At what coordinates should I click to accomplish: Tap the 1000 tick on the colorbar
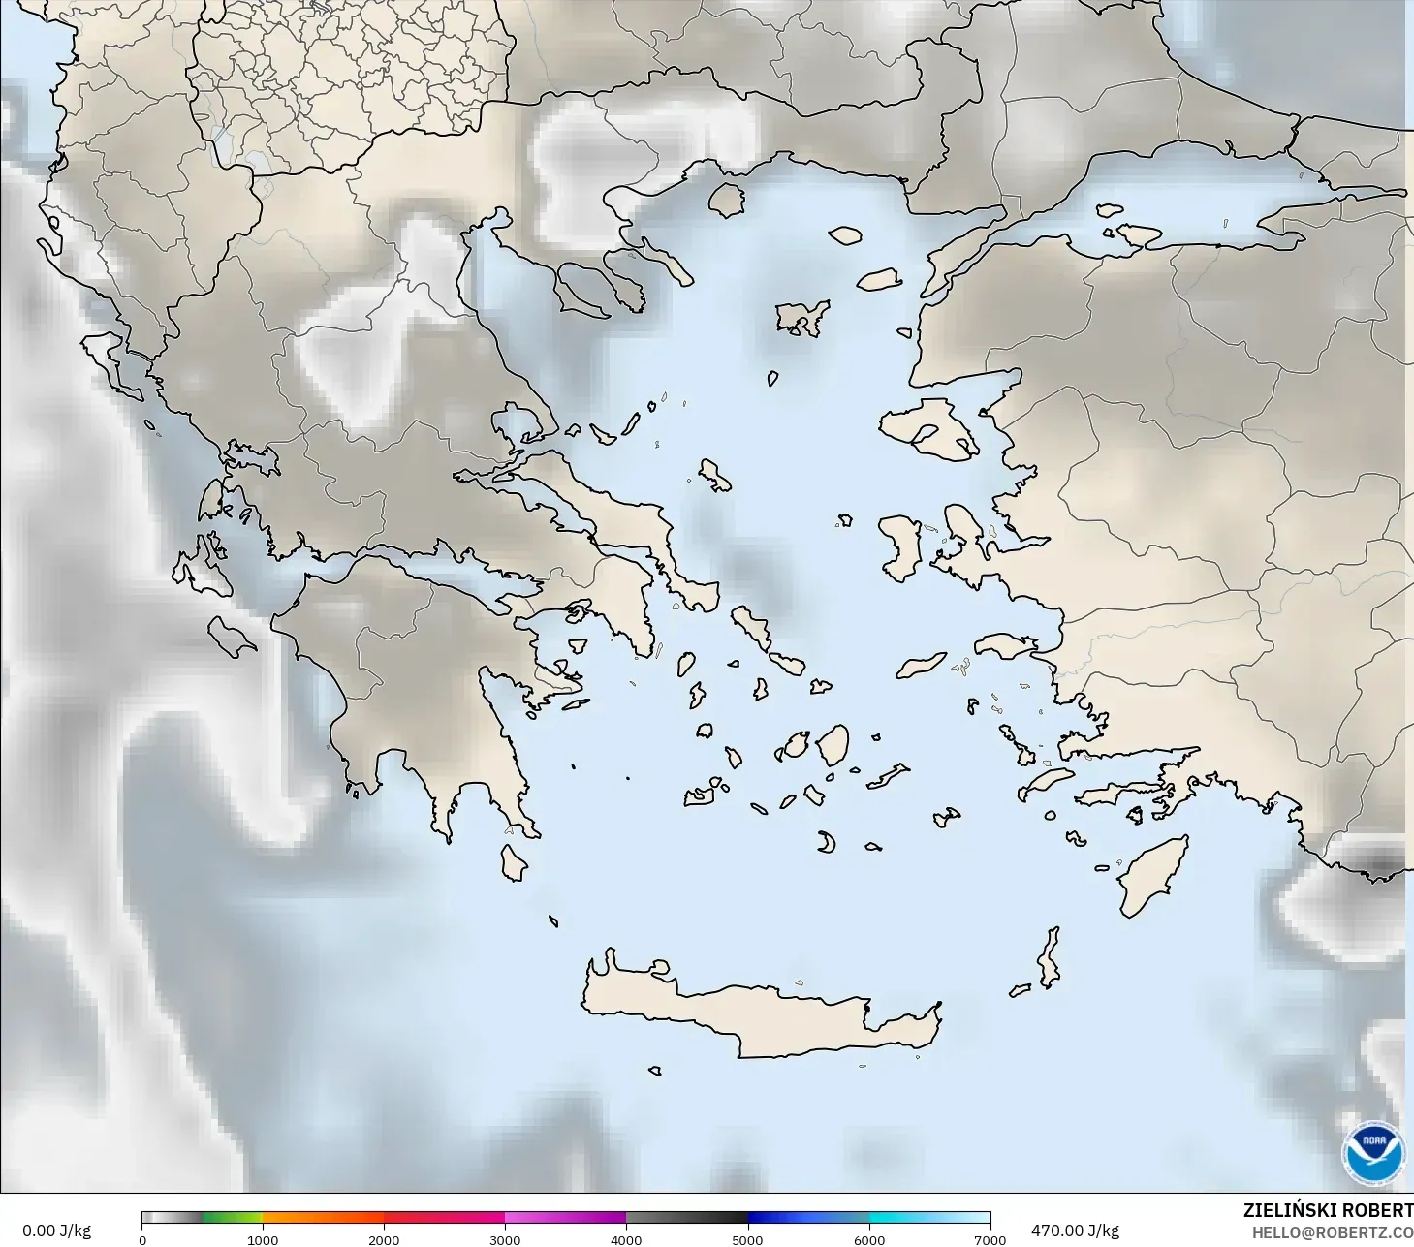pyautogui.click(x=263, y=1239)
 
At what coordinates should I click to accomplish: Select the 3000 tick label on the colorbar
pyautogui.click(x=505, y=1239)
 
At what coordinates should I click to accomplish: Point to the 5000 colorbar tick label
pyautogui.click(x=747, y=1239)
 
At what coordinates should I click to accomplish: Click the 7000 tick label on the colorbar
pyautogui.click(x=990, y=1239)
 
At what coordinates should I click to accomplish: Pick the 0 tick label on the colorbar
pyautogui.click(x=142, y=1239)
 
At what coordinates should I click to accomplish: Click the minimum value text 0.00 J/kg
pyautogui.click(x=56, y=1231)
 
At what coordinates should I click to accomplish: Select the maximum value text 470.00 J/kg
pyautogui.click(x=1075, y=1231)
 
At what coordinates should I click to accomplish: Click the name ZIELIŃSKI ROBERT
pyautogui.click(x=1328, y=1210)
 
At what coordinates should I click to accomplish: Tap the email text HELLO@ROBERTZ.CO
pyautogui.click(x=1332, y=1232)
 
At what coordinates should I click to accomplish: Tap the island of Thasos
pyautogui.click(x=726, y=201)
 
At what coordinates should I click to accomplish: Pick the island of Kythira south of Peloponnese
pyautogui.click(x=513, y=862)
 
